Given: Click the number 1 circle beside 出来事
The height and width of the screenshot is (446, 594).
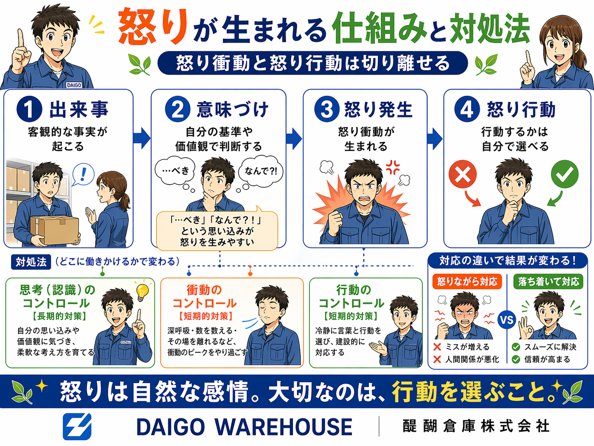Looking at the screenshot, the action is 29,109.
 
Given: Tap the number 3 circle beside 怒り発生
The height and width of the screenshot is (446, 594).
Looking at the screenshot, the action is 327,109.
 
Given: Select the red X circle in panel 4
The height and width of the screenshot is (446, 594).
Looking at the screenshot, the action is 462,174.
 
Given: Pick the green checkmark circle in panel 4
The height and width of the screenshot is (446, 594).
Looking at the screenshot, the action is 565,174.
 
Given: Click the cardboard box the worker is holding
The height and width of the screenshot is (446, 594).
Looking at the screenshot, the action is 55,230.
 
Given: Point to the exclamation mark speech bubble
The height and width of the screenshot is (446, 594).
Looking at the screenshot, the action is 83,175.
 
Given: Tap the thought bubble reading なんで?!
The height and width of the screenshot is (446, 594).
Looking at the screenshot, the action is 260,171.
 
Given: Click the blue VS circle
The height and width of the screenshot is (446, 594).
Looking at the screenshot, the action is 507,320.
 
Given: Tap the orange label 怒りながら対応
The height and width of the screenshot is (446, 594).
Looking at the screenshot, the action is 467,282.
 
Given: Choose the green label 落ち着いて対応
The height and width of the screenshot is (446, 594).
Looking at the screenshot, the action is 548,282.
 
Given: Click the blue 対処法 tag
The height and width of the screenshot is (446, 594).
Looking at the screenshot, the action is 31,262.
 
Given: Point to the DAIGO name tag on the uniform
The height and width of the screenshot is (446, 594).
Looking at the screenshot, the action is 74,85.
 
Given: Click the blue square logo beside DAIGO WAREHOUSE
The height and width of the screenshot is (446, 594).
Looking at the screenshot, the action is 77,427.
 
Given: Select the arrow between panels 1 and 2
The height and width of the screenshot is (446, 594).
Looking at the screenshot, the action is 142,138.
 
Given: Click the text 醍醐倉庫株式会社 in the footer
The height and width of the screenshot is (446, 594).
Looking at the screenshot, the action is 476,426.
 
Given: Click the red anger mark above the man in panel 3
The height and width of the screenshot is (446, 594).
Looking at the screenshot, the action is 393,167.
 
